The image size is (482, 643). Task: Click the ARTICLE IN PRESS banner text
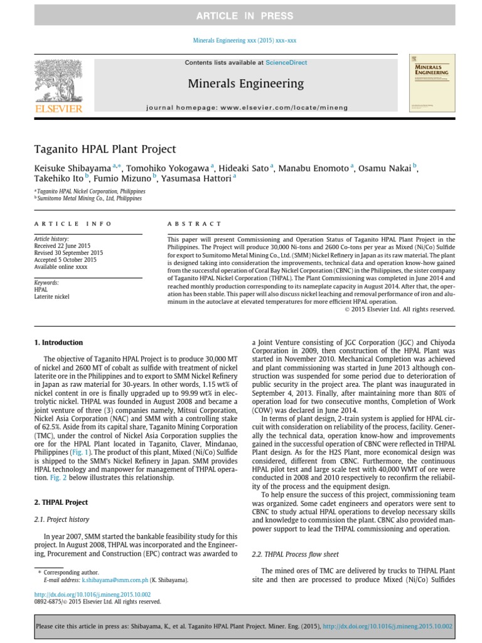tap(240, 15)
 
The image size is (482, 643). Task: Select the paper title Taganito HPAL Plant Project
tap(105, 149)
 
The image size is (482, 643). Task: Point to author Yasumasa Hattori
tap(195, 178)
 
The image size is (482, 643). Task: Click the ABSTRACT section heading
tap(194, 224)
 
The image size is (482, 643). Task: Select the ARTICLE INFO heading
tap(73, 224)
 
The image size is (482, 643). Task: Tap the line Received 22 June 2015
tap(63, 246)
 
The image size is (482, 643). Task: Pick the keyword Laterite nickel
tap(52, 296)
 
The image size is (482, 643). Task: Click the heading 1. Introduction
tap(58, 343)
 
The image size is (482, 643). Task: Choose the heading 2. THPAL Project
tap(61, 502)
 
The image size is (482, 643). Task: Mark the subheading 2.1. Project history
tap(62, 519)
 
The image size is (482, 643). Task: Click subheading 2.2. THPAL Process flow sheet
tap(295, 554)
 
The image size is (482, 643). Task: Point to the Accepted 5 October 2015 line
tap(65, 259)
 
